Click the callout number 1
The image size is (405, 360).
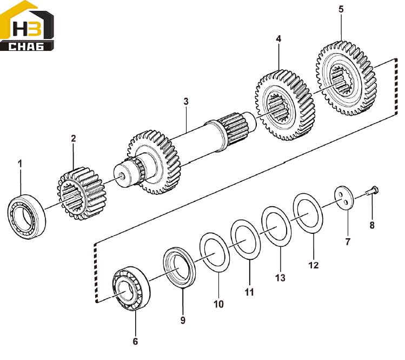[x=20, y=163]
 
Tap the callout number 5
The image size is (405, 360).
[x=341, y=9]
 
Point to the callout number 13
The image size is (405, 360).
[x=280, y=278]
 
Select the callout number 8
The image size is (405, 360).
[x=372, y=225]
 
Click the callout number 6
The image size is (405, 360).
[x=135, y=342]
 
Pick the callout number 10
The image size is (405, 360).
[x=218, y=304]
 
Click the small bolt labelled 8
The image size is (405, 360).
[x=372, y=191]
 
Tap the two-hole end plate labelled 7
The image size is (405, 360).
[x=344, y=198]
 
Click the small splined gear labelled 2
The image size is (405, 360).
[x=81, y=193]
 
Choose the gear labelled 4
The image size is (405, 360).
[x=285, y=104]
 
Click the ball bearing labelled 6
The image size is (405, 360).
[x=131, y=289]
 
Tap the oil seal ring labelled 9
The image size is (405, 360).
[x=180, y=267]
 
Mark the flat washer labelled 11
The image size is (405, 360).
[x=245, y=239]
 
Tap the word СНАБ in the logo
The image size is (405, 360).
[x=26, y=47]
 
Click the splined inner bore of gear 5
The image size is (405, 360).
[x=341, y=80]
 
